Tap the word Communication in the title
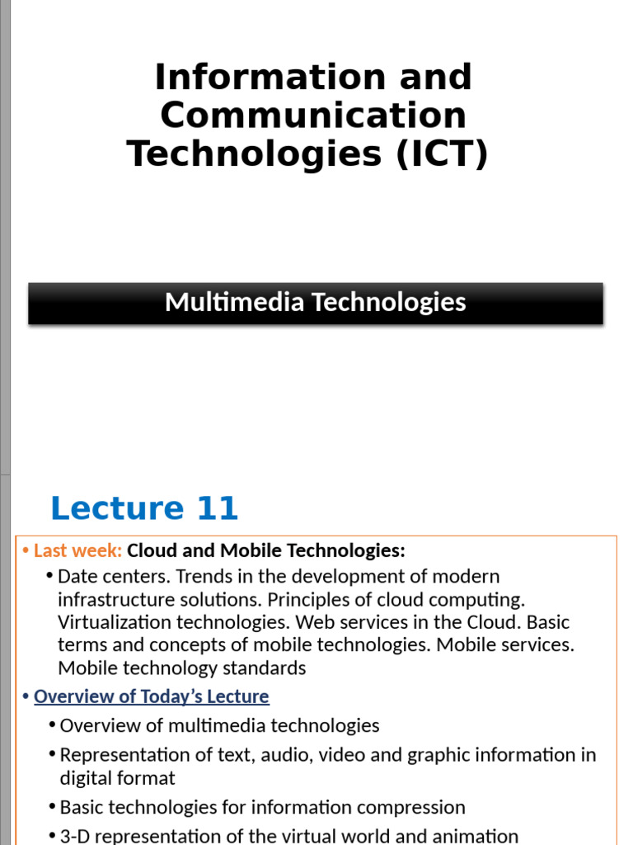pos(313,116)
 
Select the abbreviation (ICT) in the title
pos(442,154)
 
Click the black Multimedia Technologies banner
pos(316,303)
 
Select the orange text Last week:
pos(77,550)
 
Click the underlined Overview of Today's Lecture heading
pos(152,696)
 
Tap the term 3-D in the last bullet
pos(74,836)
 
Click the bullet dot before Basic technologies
pos(52,807)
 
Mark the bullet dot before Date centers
pos(50,576)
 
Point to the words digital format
pos(117,778)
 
